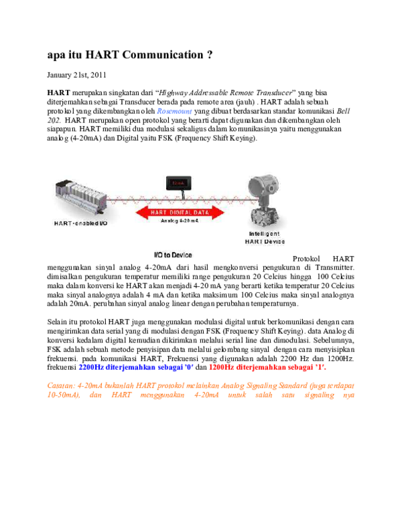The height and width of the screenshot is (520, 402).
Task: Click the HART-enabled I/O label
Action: click(x=80, y=222)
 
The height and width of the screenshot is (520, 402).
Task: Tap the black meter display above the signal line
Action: click(x=179, y=183)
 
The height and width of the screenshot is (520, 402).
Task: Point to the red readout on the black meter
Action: click(x=179, y=182)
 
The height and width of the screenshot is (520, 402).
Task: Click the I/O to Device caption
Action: click(x=173, y=255)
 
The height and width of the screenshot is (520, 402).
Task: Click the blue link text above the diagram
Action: click(x=174, y=111)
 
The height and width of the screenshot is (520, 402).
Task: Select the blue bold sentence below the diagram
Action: click(x=136, y=367)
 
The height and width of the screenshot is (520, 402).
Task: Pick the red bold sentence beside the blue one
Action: click(x=267, y=367)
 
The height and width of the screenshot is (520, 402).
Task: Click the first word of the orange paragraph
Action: click(x=60, y=386)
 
